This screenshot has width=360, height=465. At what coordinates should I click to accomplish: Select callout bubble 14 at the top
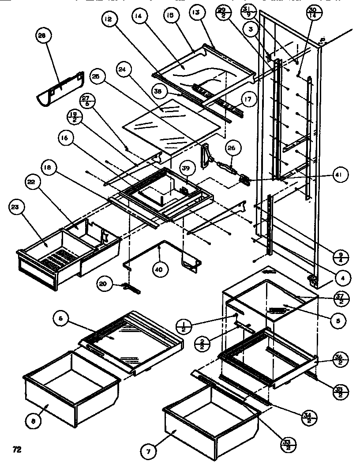pos(139,17)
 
